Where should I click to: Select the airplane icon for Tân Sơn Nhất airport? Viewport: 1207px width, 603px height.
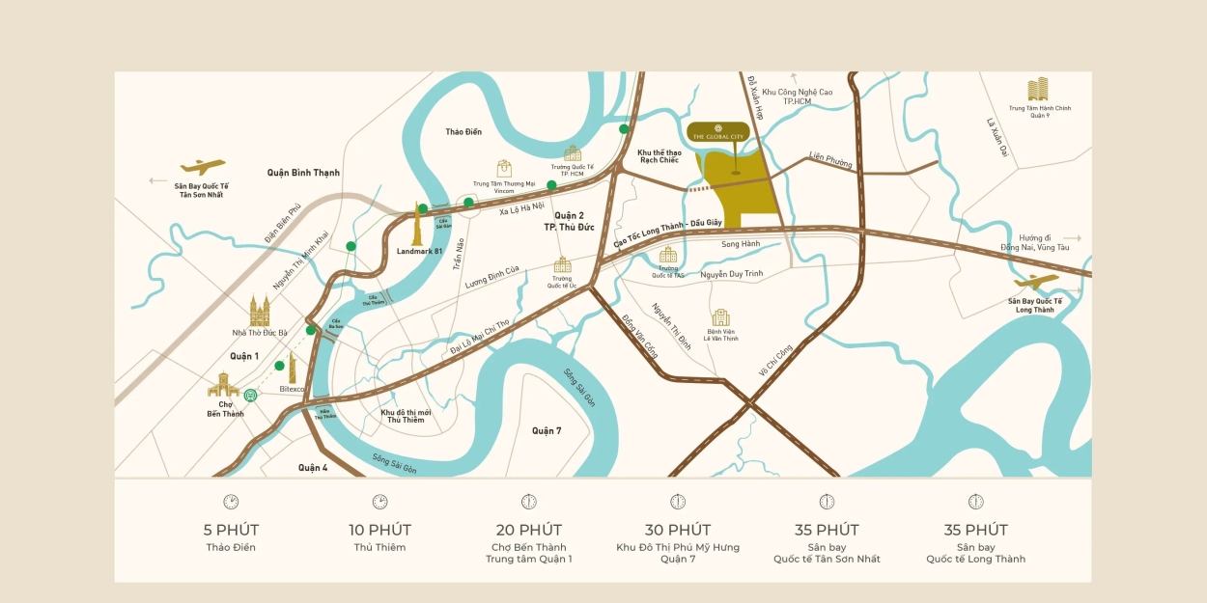203,166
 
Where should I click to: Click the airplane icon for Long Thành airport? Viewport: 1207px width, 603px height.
1036,282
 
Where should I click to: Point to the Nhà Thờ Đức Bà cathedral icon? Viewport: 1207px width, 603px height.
260,311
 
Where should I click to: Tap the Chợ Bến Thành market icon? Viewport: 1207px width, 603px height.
223,385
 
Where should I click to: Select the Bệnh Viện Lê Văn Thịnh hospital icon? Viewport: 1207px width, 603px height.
720,317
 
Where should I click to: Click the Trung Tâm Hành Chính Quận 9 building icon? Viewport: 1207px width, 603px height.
1039,90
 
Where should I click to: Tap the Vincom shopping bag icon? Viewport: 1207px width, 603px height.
504,168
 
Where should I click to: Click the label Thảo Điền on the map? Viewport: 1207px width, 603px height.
463,131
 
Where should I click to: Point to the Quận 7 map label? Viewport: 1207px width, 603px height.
546,430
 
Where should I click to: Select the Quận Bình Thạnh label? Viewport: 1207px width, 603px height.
303,173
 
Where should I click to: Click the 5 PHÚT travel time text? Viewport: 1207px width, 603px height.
231,530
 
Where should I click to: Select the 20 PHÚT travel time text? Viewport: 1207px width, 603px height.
528,530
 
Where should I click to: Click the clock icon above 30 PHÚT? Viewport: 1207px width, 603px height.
678,502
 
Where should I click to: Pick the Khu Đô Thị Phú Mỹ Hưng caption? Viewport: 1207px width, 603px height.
678,547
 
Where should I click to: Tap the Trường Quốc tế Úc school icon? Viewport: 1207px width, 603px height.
563,264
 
